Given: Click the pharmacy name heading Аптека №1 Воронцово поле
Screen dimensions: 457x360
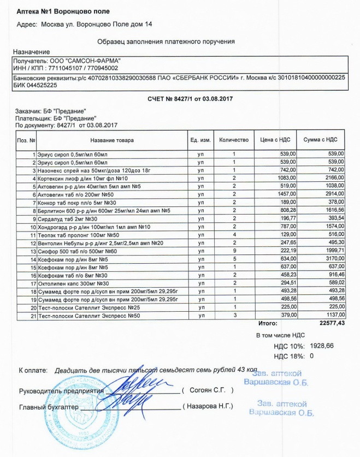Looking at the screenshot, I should pyautogui.click(x=63, y=11).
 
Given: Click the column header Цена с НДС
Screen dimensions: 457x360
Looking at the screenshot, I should pyautogui.click(x=277, y=140).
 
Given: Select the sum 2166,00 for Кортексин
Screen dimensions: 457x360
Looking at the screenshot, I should pyautogui.click(x=334, y=179).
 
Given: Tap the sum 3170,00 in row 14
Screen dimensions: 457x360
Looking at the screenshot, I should pyautogui.click(x=334, y=258).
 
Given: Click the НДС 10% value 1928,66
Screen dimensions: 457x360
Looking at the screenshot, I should pyautogui.click(x=322, y=346).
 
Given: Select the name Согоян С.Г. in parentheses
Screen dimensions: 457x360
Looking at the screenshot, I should pyautogui.click(x=208, y=390).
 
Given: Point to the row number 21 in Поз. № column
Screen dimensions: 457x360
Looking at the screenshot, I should pyautogui.click(x=33, y=314).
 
